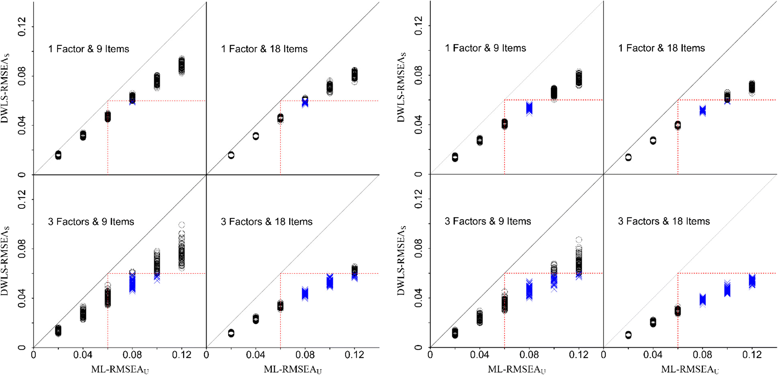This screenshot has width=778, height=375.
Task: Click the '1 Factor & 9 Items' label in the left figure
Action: (89, 49)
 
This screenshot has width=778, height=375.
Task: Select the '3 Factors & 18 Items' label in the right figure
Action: (664, 222)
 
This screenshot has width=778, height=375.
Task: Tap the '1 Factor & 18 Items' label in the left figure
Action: (264, 49)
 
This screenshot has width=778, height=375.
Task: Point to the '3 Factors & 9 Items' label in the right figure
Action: (488, 222)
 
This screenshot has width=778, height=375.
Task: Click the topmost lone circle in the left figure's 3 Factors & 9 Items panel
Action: (182, 225)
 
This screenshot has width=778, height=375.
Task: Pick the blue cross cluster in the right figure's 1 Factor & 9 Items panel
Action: (529, 108)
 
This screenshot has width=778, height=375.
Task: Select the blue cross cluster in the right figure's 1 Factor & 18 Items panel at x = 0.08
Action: (703, 111)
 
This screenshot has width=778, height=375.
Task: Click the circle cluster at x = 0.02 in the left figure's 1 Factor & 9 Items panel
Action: (58, 155)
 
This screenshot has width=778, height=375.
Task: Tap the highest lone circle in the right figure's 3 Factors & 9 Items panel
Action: (579, 240)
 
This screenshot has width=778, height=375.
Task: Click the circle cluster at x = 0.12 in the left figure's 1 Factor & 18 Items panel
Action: (354, 75)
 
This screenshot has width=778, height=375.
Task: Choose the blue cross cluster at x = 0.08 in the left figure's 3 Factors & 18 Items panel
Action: (305, 294)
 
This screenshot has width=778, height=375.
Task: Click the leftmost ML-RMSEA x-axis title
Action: (120, 369)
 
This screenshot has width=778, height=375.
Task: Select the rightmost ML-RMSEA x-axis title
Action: (690, 369)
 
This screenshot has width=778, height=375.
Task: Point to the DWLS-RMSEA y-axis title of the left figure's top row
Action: (5, 88)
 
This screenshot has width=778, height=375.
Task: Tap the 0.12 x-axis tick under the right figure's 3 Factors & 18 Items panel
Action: (752, 355)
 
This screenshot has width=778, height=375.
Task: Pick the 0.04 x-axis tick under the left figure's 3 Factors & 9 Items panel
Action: (83, 355)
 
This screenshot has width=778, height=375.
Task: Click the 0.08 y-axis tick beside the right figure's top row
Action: (418, 75)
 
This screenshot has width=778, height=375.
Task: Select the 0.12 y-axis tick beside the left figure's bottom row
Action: (22, 200)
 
